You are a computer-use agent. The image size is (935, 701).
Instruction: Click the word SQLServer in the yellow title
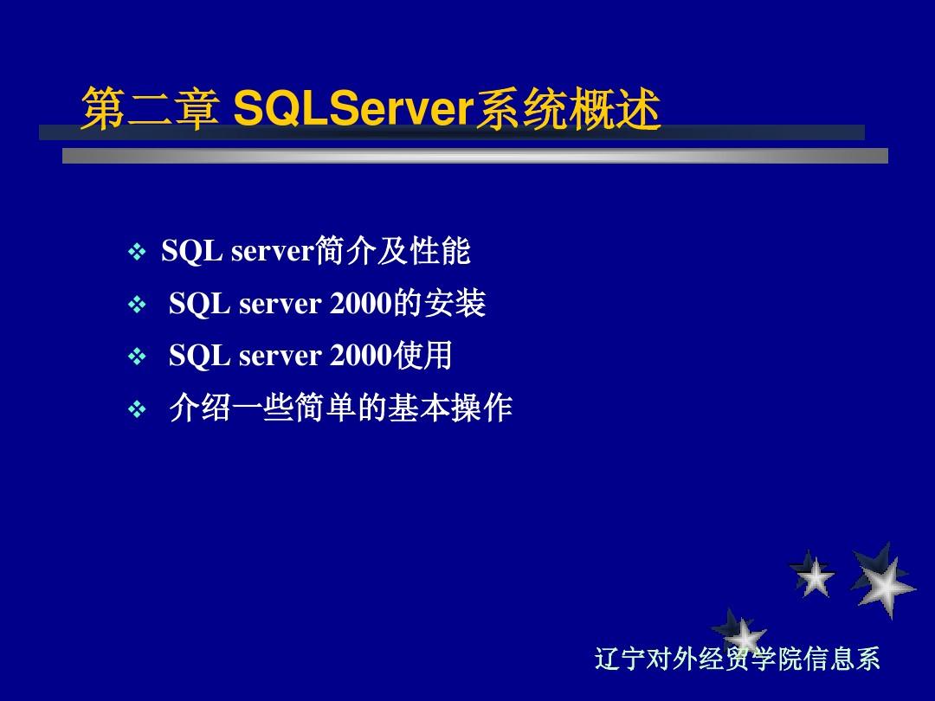point(353,108)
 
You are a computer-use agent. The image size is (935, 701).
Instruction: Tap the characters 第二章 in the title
point(150,108)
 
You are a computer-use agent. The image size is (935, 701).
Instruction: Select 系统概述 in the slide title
point(568,108)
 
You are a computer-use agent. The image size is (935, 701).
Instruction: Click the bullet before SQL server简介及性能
point(137,252)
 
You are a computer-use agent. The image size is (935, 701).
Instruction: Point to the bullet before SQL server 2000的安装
point(137,305)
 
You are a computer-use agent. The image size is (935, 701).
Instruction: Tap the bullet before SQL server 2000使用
point(137,357)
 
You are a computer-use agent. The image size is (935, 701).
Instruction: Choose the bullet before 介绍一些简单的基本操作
point(137,408)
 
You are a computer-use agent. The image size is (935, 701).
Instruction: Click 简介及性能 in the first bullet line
point(393,250)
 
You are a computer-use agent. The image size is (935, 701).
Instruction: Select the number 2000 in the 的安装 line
point(361,304)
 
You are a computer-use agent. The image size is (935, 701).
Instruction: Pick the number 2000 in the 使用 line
point(361,356)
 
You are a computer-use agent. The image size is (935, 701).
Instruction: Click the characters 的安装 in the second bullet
point(440,303)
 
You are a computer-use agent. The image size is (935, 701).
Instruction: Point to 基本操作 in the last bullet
point(450,408)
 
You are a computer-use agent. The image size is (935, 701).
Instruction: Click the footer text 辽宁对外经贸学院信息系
point(737,659)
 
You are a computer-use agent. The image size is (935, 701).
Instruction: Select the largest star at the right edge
point(884,582)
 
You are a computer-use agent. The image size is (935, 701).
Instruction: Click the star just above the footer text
point(739,631)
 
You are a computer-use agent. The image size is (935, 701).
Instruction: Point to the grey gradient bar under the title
point(475,156)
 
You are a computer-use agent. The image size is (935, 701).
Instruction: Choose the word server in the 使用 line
point(280,357)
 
